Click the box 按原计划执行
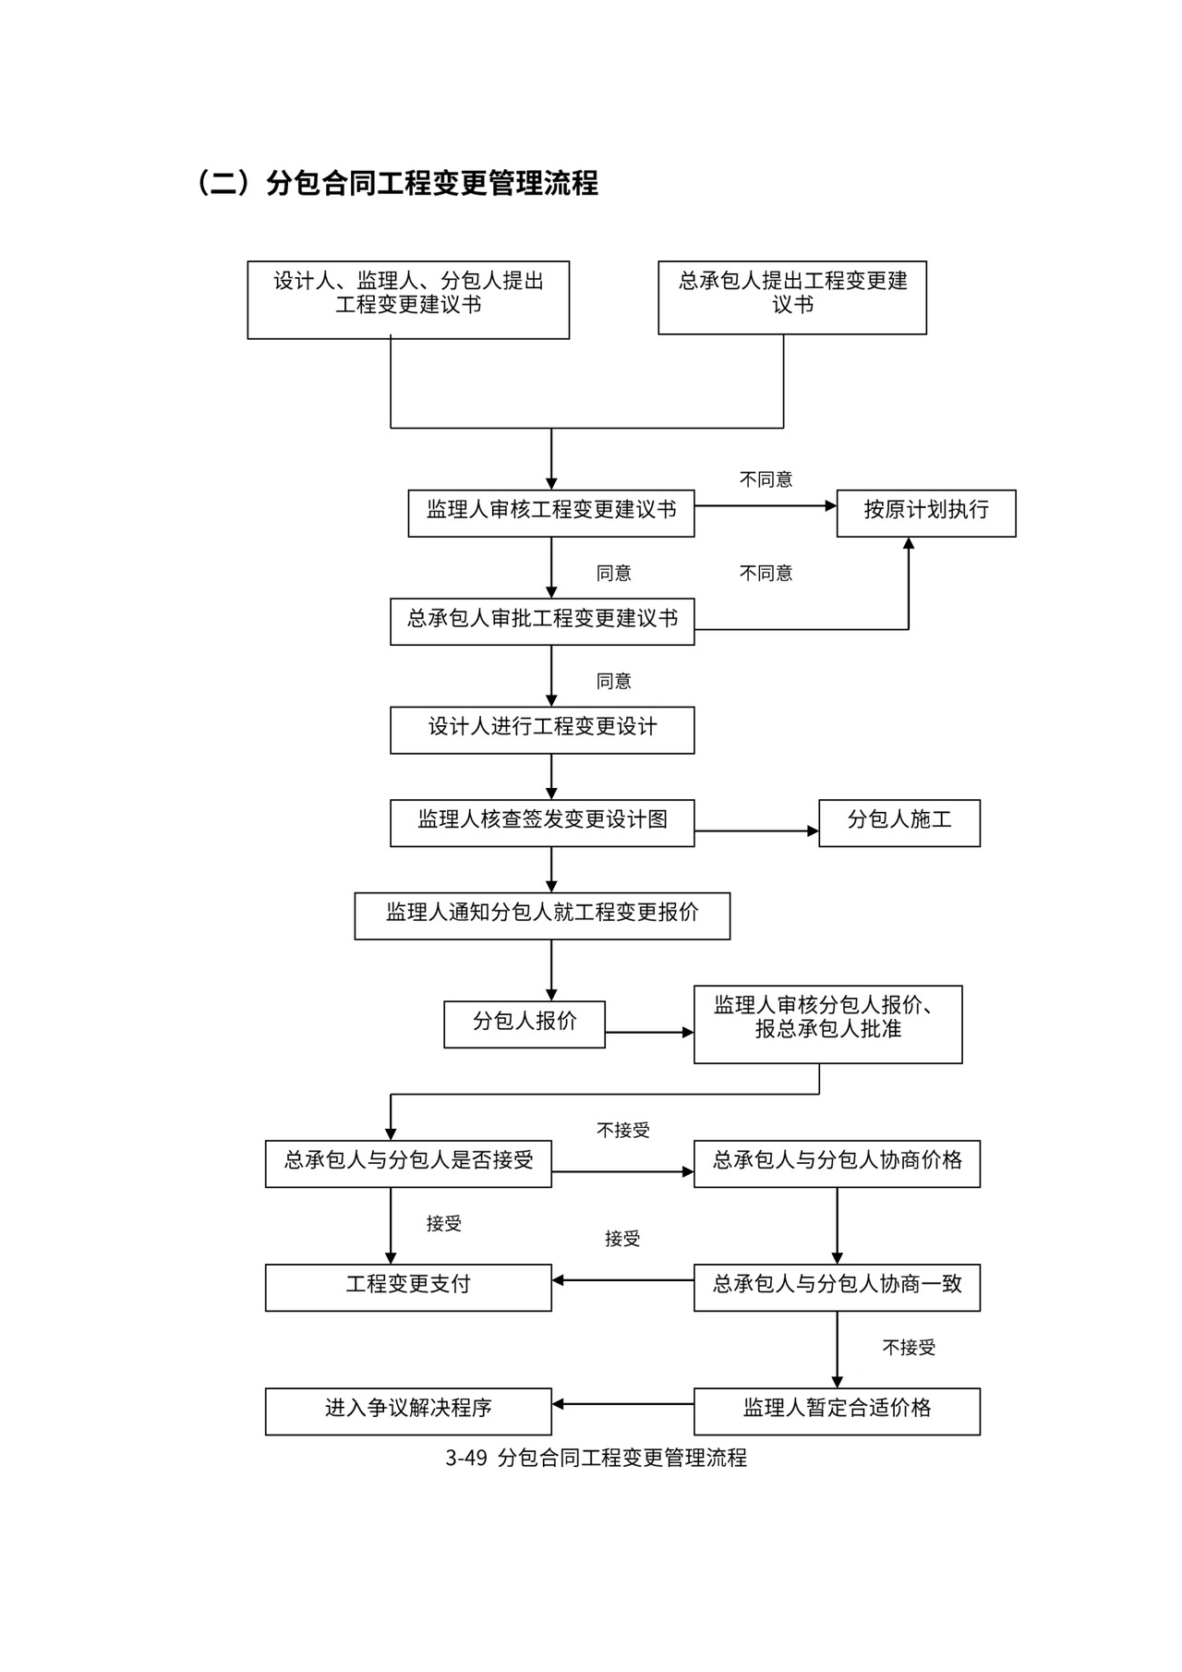tap(925, 513)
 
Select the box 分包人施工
tap(899, 822)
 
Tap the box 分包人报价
tap(524, 1024)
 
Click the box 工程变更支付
tap(407, 1287)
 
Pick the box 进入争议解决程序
tap(407, 1411)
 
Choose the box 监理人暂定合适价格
tap(836, 1411)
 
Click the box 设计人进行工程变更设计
tap(541, 730)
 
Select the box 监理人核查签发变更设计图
tap(541, 822)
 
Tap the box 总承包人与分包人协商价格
tap(836, 1163)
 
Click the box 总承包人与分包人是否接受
tap(407, 1163)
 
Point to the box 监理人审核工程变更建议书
tap(550, 513)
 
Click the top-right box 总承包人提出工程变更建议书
tap(791, 297)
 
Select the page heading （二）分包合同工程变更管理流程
tap(397, 183)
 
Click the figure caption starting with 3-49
tap(596, 1458)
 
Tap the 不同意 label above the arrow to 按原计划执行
tap(766, 479)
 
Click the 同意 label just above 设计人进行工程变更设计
tap(613, 681)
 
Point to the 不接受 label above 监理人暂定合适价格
tap(909, 1348)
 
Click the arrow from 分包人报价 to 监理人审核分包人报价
tap(648, 1032)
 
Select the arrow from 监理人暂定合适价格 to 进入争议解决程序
tap(622, 1404)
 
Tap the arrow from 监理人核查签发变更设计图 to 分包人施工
tap(755, 831)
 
